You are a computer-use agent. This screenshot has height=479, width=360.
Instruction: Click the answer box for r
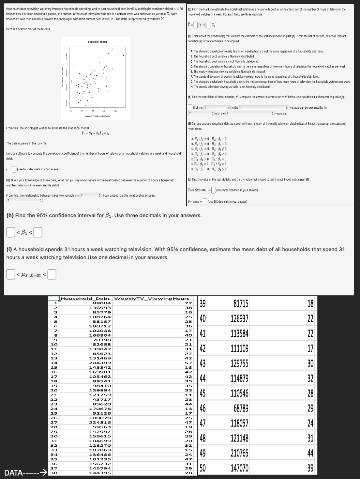pos(14,169)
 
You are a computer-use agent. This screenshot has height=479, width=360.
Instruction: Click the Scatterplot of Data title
pos(97,42)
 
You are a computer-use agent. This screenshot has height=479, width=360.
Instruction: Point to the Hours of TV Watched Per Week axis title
pos(97,117)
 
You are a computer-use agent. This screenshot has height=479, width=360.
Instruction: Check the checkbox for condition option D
pos(189,66)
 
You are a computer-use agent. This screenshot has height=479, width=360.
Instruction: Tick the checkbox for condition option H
pos(189,87)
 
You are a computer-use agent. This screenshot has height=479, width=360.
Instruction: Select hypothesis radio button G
pos(189,169)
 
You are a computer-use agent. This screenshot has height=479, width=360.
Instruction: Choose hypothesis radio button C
pos(189,149)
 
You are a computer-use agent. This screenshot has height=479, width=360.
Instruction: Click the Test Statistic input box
pos(213,190)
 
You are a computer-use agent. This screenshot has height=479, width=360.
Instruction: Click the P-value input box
pos(205,202)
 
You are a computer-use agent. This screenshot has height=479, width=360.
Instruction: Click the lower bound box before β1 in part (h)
pos(10,233)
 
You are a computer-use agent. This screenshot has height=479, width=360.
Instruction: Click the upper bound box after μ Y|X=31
pos(52,274)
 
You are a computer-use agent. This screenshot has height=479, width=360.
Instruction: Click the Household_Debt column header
pos(86,298)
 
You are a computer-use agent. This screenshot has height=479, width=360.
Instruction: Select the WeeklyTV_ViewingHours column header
pos(152,298)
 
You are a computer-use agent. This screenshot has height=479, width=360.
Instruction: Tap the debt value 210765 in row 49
pos(239,453)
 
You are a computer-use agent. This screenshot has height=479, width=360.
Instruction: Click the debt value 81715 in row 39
pos(241,304)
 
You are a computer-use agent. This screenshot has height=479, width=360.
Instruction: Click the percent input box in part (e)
pos(190,108)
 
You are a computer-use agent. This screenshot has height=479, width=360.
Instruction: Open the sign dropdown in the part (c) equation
pos(202,25)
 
